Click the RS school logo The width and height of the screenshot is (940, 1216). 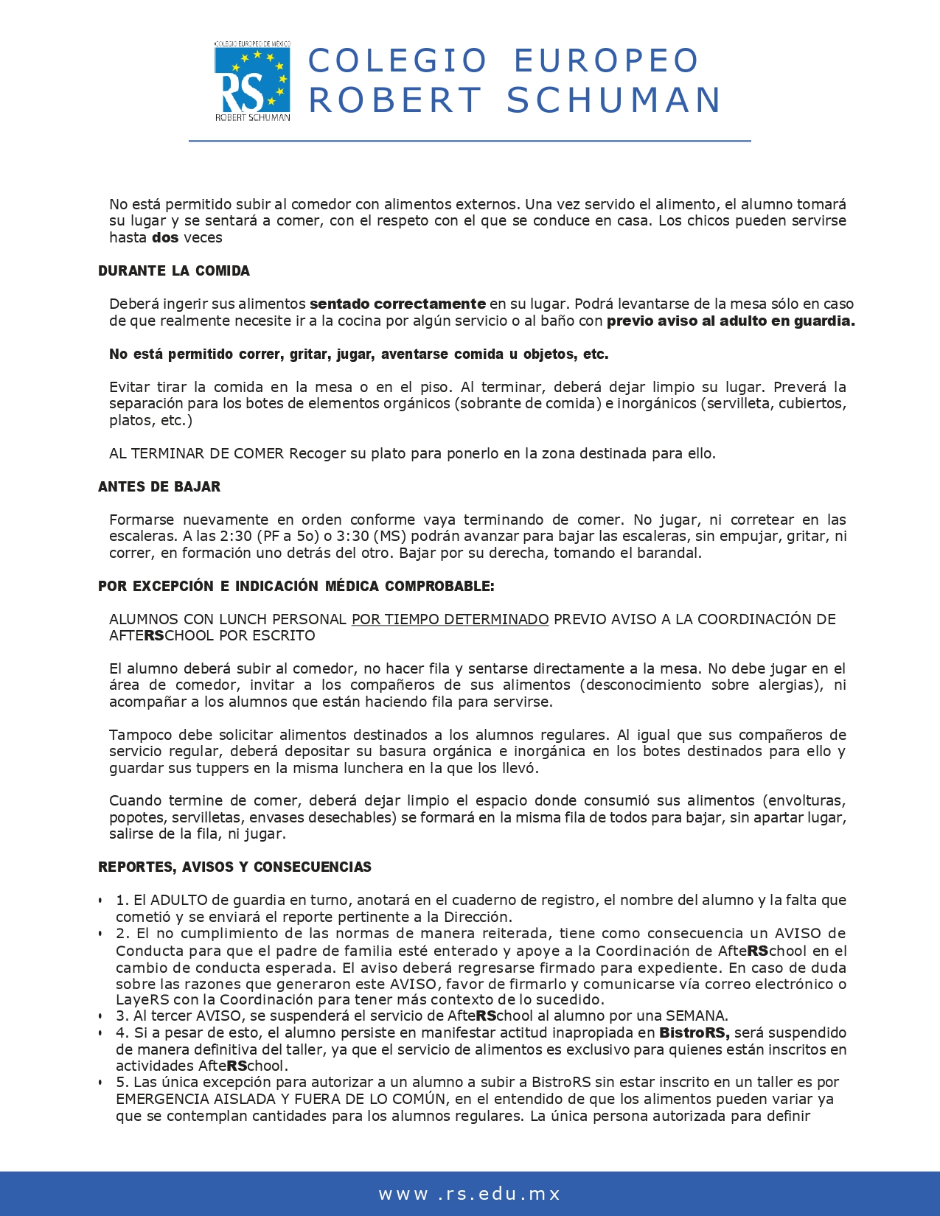point(251,81)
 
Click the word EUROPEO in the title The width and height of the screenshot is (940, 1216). point(606,60)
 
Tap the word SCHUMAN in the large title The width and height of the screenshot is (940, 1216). point(613,100)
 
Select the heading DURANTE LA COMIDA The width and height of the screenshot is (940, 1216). point(174,270)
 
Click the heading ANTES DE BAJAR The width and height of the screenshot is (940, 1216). point(159,486)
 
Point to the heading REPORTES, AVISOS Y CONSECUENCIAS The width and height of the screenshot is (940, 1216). point(234,867)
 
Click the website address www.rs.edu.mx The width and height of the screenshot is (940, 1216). point(470,1194)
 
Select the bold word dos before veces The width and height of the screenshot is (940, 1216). point(165,237)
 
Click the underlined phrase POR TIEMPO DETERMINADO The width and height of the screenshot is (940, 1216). point(450,619)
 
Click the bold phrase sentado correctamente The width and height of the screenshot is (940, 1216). point(397,304)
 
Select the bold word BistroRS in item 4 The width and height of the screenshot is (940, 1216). point(694,1032)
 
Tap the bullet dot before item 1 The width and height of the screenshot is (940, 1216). point(100,901)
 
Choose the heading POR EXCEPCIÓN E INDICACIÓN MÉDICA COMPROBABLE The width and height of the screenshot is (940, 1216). point(296,586)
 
